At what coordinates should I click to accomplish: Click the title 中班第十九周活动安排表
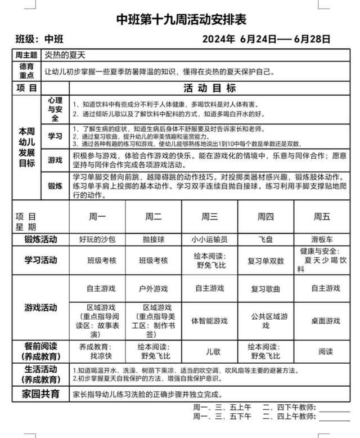pos(181,20)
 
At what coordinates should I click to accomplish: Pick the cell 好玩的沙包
pos(97,239)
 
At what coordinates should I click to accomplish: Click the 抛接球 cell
pos(154,239)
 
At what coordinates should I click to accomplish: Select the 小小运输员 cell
pos(209,239)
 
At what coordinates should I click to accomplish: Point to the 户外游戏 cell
pos(154,289)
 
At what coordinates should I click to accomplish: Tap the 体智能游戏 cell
pos(209,321)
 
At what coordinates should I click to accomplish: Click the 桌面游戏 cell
pos(325,321)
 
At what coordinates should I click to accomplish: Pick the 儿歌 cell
pos(209,351)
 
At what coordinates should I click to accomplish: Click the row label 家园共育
pos(40,394)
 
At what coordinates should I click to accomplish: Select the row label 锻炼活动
pos(40,239)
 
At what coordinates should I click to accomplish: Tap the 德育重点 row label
pos(26,71)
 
